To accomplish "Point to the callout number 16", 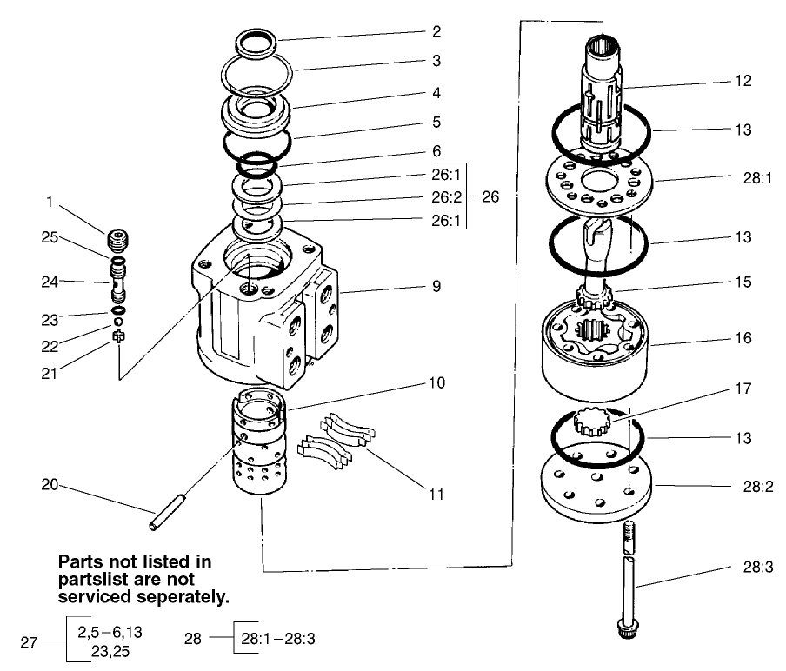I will [742, 338].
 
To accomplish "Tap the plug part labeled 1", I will [115, 239].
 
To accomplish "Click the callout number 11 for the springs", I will [436, 495].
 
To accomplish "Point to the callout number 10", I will [436, 382].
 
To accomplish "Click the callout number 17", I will [742, 389].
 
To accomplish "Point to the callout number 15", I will [742, 282].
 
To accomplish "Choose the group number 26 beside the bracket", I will [490, 196].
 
